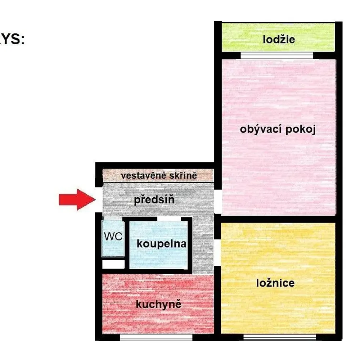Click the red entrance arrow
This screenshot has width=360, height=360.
[x=77, y=199]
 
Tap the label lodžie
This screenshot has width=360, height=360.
[x=279, y=39]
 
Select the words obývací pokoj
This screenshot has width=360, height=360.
[x=278, y=130]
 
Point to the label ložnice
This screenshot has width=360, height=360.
[x=275, y=283]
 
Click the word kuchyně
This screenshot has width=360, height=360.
[x=158, y=305]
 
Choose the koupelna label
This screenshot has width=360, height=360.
[x=161, y=244]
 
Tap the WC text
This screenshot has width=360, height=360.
[x=113, y=236]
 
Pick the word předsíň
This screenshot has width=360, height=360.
[x=154, y=199]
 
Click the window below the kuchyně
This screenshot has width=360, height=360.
[x=156, y=337]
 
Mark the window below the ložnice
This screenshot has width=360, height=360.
[x=280, y=337]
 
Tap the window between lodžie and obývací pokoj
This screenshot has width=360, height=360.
[x=277, y=55]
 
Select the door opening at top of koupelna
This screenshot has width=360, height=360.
[x=169, y=219]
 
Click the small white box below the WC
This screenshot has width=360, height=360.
[x=113, y=264]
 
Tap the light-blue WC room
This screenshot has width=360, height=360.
[x=113, y=238]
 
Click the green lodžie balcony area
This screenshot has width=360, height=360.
[x=278, y=37]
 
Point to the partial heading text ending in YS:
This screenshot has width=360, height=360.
[x=12, y=39]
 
